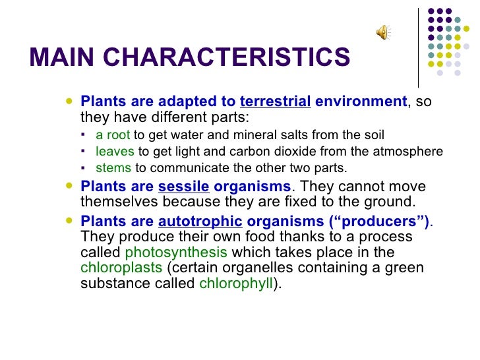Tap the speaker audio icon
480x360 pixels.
[382, 32]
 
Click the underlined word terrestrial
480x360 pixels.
[275, 102]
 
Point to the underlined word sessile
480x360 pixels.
[183, 186]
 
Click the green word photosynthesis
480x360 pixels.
[176, 253]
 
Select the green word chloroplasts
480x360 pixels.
[121, 268]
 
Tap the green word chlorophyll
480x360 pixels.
[235, 285]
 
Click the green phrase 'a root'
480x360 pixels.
[113, 135]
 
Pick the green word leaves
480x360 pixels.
[115, 152]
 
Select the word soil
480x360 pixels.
[373, 135]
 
